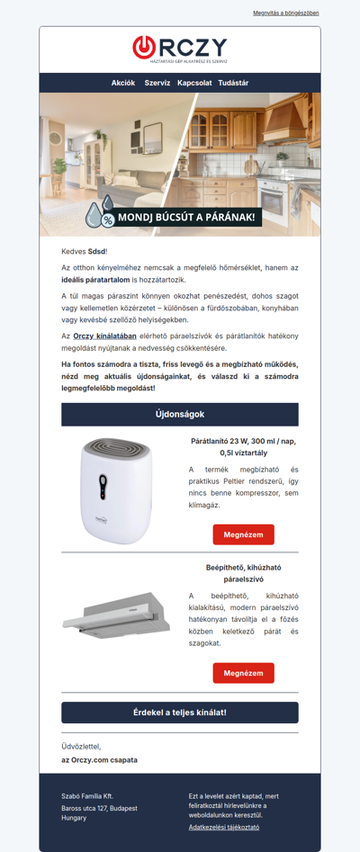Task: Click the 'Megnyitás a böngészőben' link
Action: coord(285,13)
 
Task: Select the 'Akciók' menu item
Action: coord(123,83)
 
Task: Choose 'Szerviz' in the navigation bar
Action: coord(157,83)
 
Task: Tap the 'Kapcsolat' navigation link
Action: coord(194,83)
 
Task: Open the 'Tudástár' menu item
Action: coord(233,83)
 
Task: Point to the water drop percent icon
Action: coord(99,213)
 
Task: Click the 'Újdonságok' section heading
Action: coord(180,414)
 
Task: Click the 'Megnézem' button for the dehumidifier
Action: coord(243,534)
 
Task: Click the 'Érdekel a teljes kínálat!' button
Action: coord(180,713)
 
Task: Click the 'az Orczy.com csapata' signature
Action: coord(99,760)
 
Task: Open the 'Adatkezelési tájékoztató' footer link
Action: coord(224,827)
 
